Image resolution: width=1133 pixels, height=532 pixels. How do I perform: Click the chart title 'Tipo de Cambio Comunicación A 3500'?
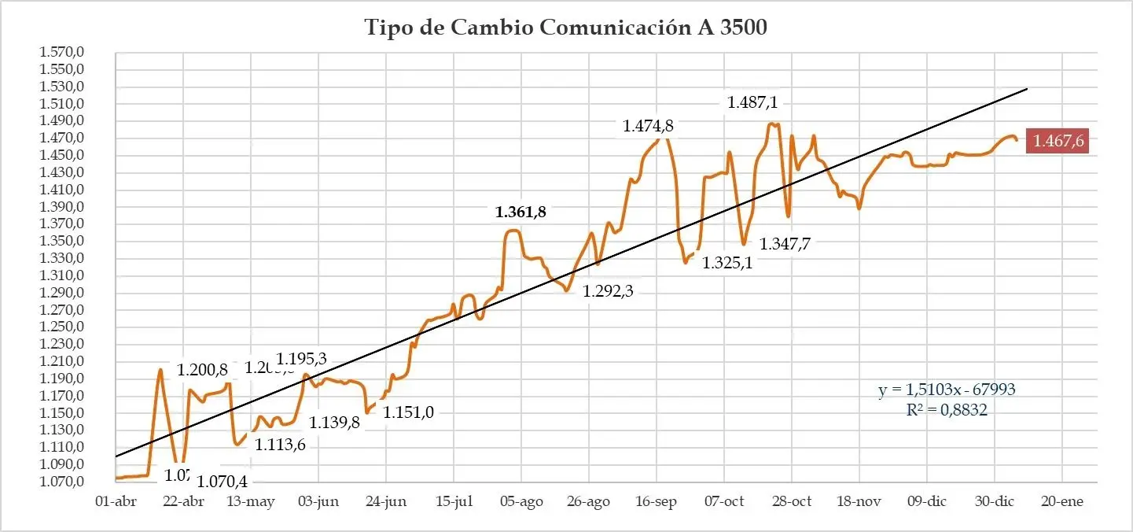pos(565,28)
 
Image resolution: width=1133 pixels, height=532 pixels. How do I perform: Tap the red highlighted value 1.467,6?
pos(1058,142)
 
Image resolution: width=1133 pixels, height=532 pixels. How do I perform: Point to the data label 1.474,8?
pos(648,126)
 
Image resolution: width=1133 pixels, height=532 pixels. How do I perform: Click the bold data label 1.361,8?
pos(520,212)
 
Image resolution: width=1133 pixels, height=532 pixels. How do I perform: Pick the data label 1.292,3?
pos(608,291)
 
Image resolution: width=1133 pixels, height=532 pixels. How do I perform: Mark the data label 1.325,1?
pos(727,262)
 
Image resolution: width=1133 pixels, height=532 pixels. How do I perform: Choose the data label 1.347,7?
pos(785,244)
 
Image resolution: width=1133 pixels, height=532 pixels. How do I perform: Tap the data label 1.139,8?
pos(334,423)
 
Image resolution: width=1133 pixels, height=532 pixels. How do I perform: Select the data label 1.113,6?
pos(280,445)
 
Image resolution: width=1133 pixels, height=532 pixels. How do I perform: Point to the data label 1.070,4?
pos(223,481)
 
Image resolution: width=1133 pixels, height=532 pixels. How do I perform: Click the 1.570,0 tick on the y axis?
pos(61,53)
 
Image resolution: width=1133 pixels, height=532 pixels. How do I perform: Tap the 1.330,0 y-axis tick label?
pos(61,259)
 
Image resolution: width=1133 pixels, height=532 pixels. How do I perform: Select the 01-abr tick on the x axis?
pos(115,502)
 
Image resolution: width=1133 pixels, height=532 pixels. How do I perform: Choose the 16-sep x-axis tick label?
pos(656,502)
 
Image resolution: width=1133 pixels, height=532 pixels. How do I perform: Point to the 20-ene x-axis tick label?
pos(1061,502)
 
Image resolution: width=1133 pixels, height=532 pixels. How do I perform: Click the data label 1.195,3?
pos(301,359)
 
